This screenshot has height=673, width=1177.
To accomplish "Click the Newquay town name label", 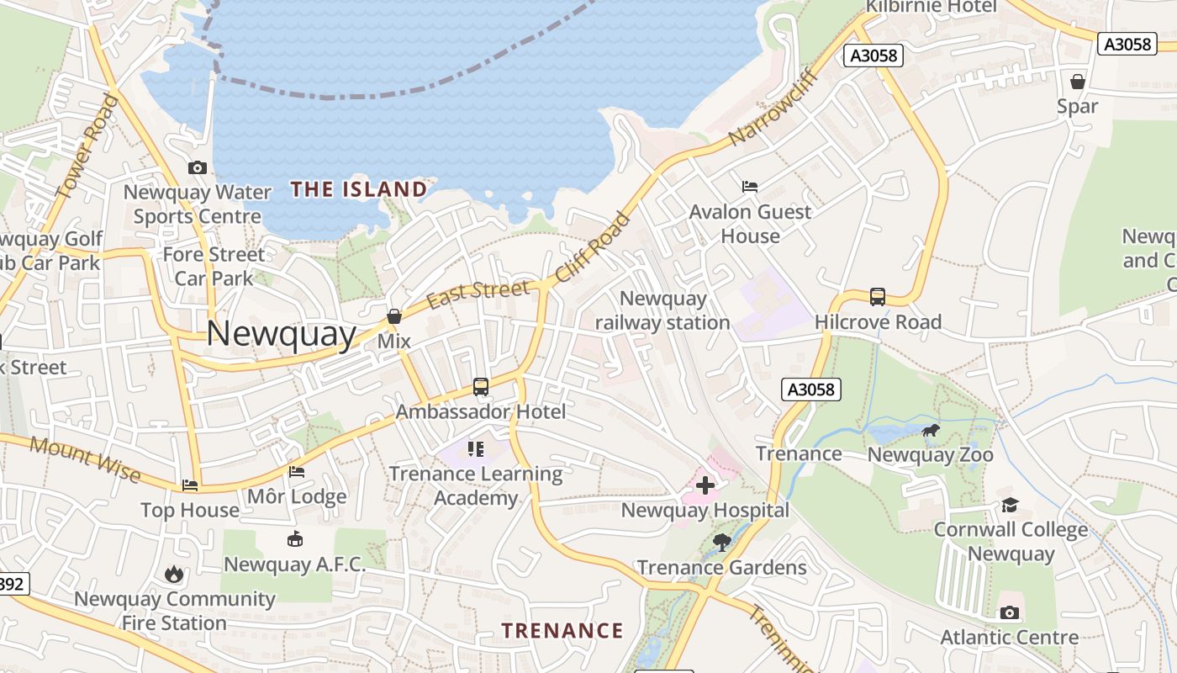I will [281, 334].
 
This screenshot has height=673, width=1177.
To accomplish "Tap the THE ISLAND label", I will [359, 189].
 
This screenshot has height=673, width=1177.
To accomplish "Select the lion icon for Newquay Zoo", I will [931, 432].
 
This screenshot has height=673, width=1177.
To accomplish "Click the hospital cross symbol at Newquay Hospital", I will [705, 485].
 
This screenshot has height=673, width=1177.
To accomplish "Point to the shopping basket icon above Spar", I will [1077, 82].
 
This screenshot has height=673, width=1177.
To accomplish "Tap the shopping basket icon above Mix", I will [393, 316].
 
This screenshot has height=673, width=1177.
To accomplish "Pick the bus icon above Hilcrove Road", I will [878, 297].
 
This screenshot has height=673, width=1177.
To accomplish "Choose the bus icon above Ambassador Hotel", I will [481, 387].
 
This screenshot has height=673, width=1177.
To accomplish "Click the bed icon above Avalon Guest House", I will [750, 187].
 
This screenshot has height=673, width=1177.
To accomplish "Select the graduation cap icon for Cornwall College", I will [1010, 505].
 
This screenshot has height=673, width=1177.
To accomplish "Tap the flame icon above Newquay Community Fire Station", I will [174, 574].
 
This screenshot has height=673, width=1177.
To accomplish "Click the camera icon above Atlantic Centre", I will [1010, 612].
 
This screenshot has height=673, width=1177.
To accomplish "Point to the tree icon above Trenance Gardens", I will [721, 542].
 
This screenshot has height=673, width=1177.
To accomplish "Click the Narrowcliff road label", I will [774, 107].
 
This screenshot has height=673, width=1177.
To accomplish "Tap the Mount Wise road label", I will [85, 458].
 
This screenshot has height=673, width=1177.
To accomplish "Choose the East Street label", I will [478, 294].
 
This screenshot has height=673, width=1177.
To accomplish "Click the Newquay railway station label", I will [662, 310].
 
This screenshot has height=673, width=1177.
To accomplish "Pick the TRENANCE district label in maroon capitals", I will [562, 631].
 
